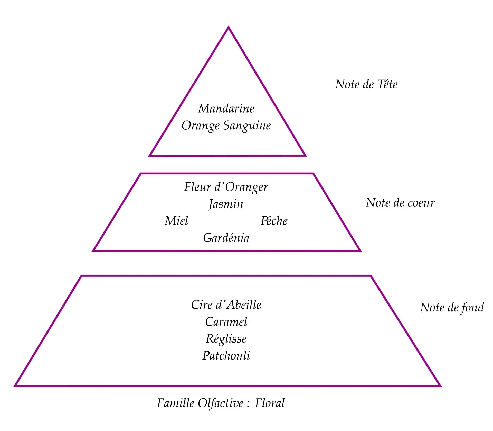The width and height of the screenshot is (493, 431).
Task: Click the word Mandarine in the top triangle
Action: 226,109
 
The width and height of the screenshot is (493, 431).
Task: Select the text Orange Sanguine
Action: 226,126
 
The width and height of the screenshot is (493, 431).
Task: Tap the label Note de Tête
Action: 366,84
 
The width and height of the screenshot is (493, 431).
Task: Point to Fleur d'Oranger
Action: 226,187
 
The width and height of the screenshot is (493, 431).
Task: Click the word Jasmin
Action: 226,204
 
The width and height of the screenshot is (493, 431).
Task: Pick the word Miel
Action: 176,221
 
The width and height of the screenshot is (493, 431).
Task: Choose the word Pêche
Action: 274,221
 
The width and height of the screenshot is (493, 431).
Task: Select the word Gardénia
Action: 226,238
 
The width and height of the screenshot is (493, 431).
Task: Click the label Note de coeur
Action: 400,203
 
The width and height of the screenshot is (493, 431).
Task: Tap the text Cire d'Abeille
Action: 226,305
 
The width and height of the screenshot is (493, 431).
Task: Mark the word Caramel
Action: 226,322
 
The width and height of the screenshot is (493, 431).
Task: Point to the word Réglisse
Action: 226,339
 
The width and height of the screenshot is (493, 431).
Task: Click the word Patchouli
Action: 226,356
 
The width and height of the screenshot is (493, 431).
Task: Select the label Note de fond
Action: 452,308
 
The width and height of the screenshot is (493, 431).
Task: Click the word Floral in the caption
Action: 270,403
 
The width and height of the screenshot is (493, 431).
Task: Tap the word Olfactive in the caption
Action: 221,403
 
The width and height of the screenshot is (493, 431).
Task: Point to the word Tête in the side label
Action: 387,84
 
